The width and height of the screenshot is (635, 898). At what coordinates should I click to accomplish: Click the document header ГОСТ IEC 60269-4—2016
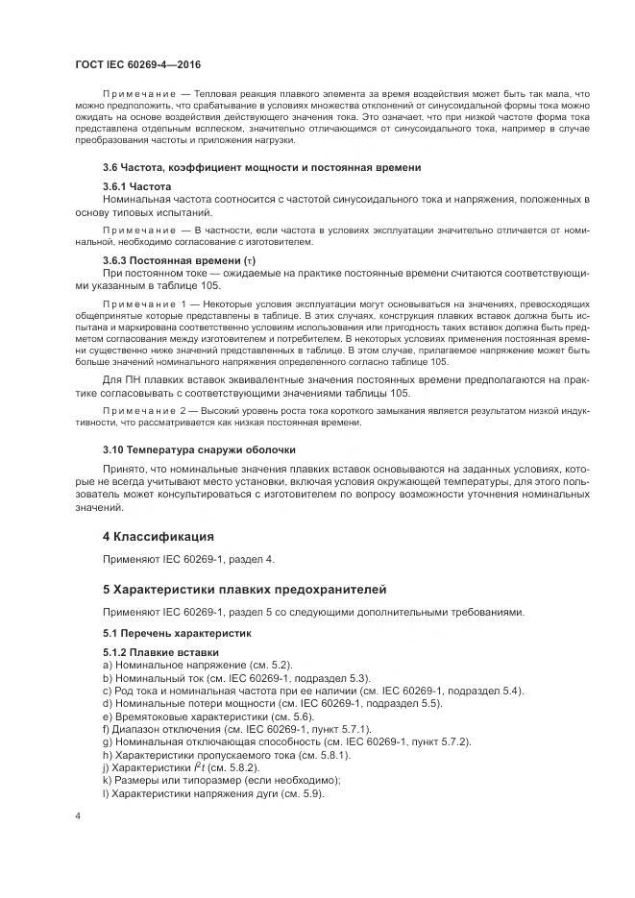click(x=132, y=61)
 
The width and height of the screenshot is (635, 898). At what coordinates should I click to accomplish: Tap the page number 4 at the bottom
click(x=77, y=816)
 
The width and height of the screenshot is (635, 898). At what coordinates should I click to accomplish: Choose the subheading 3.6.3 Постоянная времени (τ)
click(x=178, y=260)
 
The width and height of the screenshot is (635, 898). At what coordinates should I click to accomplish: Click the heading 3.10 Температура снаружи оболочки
click(x=200, y=449)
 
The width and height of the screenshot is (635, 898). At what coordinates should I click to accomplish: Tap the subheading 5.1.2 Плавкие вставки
click(x=154, y=653)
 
